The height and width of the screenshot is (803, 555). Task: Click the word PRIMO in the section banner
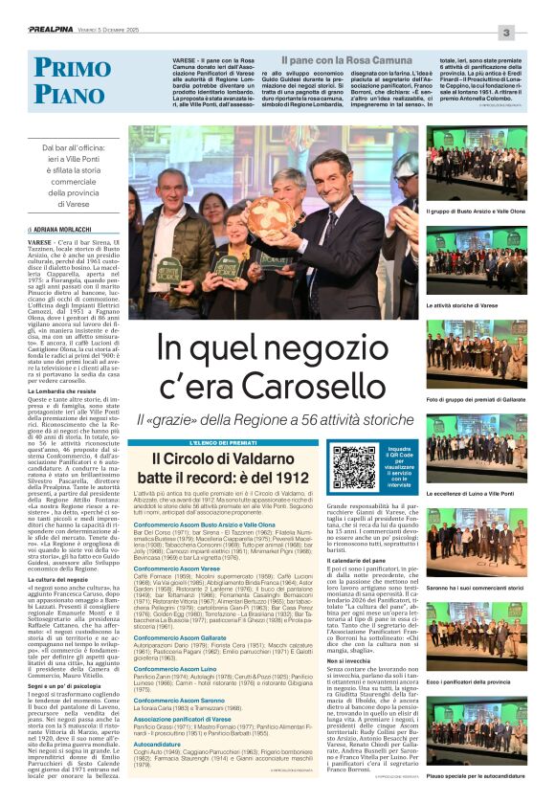tap(72, 68)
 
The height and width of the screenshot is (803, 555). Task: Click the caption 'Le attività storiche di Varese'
tap(461, 304)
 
